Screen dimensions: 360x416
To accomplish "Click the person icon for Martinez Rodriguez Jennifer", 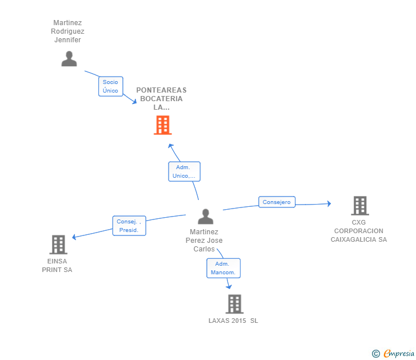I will coord(69,59).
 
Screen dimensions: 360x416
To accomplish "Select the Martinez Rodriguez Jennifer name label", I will coord(67,32).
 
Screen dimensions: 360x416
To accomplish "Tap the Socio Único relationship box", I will coord(110,86).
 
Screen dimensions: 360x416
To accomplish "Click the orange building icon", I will coord(163,125).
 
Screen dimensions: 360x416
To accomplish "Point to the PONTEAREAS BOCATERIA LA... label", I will coord(161,98).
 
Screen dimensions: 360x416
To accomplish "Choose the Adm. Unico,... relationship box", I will coord(184,171).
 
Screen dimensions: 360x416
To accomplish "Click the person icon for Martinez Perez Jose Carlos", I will coord(205,217).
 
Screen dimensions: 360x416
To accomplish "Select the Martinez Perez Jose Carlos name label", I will coord(204,241).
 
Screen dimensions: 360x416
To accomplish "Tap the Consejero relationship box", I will coord(277,202).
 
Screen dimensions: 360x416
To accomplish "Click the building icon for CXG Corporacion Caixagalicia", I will coord(359,206).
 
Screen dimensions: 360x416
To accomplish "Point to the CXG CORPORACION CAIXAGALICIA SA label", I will coord(359,231).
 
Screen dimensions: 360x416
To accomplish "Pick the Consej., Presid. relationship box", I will coord(129,226).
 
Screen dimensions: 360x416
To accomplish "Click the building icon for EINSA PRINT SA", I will coord(58,245).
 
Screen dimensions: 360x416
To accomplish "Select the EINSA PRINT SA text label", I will coord(57,266).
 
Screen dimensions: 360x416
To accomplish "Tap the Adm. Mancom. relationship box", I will coord(223,268).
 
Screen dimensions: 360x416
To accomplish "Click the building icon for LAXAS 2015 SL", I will coord(234,304).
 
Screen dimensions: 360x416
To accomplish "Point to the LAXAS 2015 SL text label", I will coord(233,321).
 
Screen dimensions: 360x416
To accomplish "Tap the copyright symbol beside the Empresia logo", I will coord(376,354).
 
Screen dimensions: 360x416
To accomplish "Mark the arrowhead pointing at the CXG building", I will coord(329,203).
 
